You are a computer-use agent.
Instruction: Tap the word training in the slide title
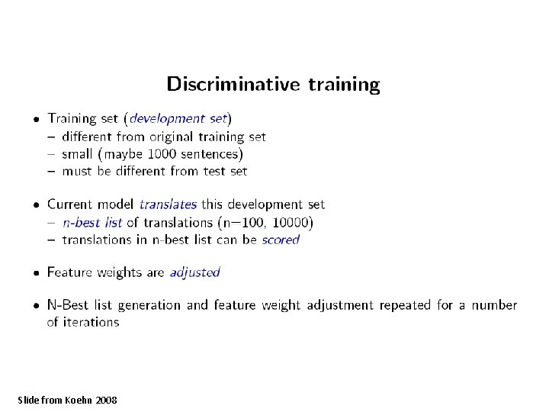pyautogui.click(x=343, y=84)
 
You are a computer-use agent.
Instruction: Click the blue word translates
pyautogui.click(x=168, y=204)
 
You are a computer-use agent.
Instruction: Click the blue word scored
pyautogui.click(x=281, y=240)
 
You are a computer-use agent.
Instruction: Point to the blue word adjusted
pyautogui.click(x=194, y=272)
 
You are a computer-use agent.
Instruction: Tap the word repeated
pyautogui.click(x=403, y=305)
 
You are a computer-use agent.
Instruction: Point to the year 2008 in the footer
pyautogui.click(x=107, y=400)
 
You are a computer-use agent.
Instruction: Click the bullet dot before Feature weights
pyautogui.click(x=36, y=273)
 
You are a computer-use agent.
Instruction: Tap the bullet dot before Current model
pyautogui.click(x=36, y=205)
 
